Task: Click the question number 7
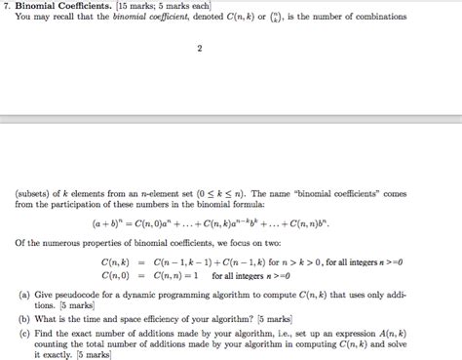[x=7, y=6]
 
